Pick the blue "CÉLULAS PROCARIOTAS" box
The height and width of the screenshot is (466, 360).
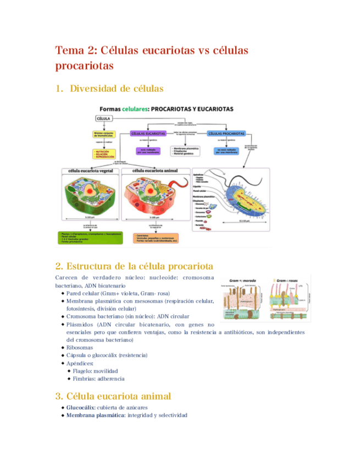click(226, 134)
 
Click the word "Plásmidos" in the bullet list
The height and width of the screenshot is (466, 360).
click(81, 325)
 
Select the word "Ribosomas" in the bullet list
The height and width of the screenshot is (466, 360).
click(80, 348)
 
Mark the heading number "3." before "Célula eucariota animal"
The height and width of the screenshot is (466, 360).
click(59, 396)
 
